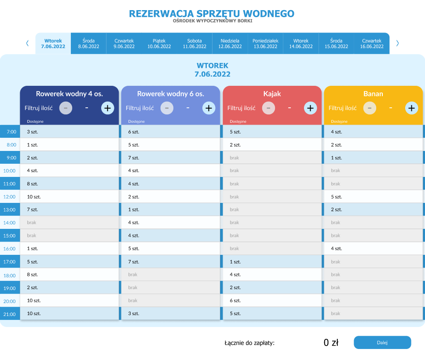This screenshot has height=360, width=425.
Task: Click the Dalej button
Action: coord(382,342)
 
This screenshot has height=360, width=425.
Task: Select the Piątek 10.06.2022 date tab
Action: coord(159,43)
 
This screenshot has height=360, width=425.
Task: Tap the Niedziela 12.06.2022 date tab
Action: coord(230,43)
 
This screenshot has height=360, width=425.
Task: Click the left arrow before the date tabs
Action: coord(27,43)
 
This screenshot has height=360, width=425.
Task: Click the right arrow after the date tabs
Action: coord(398,43)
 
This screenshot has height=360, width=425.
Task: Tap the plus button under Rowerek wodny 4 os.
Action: coord(107,108)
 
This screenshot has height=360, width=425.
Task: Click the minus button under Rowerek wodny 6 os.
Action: coord(167,108)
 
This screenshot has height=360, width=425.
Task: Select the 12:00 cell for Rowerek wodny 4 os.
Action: coord(70,197)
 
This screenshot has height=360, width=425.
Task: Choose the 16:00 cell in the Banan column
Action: coord(374,249)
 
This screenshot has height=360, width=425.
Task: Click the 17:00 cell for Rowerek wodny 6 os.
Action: coord(171,262)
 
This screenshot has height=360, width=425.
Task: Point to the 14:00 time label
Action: coord(10,223)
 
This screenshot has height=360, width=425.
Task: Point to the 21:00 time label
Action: coord(10,314)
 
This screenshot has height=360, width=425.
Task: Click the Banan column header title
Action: coord(373,94)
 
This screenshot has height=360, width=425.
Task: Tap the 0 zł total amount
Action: coord(330,342)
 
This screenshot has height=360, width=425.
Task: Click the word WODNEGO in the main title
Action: coord(269,14)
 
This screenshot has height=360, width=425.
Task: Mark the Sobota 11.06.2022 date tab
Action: coord(194,43)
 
